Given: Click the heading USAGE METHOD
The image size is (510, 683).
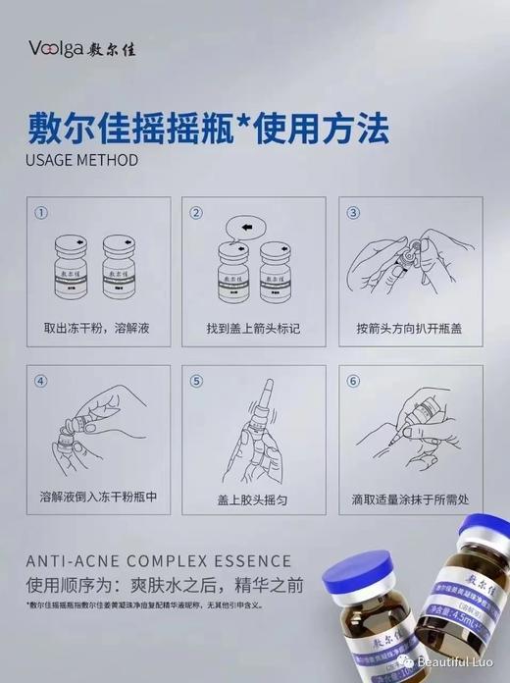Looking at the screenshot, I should click(x=80, y=159).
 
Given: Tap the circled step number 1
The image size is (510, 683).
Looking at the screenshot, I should click(x=41, y=212).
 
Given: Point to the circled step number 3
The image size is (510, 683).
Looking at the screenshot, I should click(x=354, y=212).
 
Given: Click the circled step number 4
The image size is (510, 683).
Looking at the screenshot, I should click(x=41, y=381).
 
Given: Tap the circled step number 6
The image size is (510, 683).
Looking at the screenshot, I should click(x=354, y=381).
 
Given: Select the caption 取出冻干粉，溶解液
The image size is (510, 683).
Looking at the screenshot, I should click(x=96, y=327).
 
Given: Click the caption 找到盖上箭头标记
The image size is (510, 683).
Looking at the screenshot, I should click(x=253, y=327).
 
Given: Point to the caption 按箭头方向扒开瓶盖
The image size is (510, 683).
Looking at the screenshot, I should click(x=410, y=327).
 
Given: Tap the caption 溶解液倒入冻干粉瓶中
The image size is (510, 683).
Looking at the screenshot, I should click(x=96, y=497).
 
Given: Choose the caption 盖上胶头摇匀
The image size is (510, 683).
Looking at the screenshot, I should click(x=253, y=497).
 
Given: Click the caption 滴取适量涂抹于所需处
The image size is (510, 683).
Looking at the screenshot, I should click(x=410, y=497).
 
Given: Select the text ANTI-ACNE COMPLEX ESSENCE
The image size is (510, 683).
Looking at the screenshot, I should click(x=158, y=561).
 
